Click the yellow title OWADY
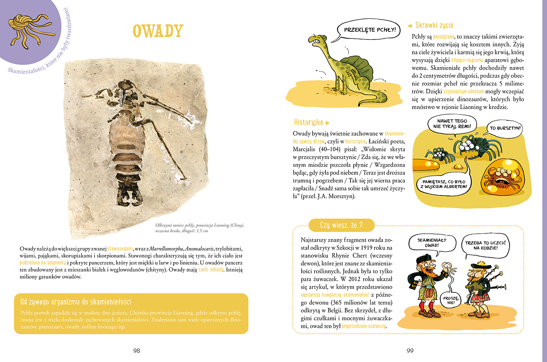[158, 31]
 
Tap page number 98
[136, 351]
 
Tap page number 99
[410, 351]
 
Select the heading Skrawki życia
[434, 25]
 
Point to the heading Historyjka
[309, 122]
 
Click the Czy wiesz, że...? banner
[341, 225]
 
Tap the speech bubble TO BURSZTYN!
[505, 128]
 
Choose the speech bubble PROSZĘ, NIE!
[451, 300]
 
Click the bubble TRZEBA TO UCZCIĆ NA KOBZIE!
[485, 245]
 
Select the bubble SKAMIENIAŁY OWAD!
[432, 243]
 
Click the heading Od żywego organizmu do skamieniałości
[76, 302]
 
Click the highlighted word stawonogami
[120, 249]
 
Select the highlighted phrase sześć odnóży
[211, 270]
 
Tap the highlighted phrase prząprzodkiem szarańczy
[364, 326]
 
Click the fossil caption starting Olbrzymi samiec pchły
[199, 228]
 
